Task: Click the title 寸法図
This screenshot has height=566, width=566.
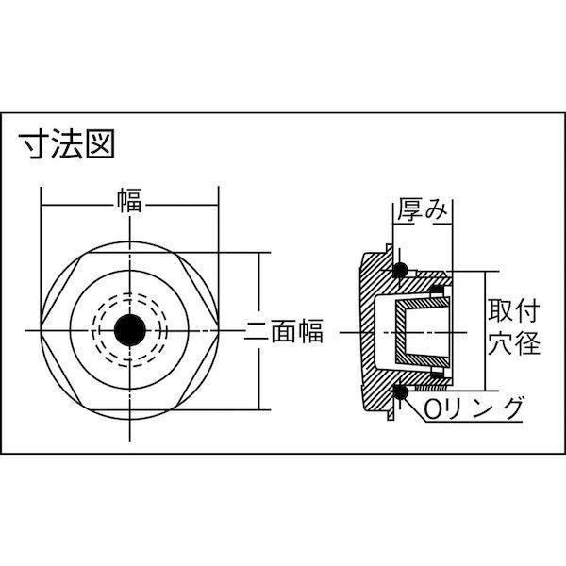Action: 67,144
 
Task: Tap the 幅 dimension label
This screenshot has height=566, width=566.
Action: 129,200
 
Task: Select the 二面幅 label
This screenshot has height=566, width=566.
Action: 283,330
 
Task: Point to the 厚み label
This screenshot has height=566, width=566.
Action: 423,209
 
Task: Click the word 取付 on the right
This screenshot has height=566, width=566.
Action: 514,310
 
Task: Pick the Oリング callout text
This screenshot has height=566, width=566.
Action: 473,408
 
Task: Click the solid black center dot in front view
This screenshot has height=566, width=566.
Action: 130,330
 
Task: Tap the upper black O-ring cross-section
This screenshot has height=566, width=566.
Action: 400,269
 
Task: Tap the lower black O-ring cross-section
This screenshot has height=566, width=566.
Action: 400,391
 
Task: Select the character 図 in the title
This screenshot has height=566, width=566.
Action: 100,144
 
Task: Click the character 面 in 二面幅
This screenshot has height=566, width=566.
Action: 283,330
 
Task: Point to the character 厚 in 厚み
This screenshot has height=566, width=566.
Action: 409,209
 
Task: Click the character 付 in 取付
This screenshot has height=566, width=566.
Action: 527,310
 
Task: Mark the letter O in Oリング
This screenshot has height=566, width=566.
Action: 431,409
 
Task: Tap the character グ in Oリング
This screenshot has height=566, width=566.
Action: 510,408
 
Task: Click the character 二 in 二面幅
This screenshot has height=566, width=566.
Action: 257,331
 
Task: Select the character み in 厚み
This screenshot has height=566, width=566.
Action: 436,210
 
